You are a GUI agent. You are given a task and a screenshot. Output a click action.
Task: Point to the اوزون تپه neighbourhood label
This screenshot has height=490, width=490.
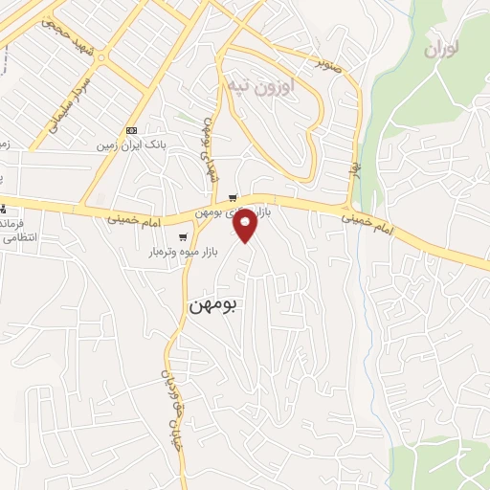coord(261,87)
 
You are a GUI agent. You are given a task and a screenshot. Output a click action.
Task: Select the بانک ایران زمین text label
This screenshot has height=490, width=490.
coord(132,147)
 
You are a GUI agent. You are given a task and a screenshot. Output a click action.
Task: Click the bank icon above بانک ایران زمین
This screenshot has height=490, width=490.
coord(132,130)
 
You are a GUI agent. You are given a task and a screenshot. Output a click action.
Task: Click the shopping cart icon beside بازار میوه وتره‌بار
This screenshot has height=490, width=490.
coord(182,236)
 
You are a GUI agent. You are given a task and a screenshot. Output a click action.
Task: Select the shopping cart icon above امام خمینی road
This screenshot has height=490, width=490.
coord(232,198)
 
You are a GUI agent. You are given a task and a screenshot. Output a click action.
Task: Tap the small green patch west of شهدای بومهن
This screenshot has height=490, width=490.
coord(181,117)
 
